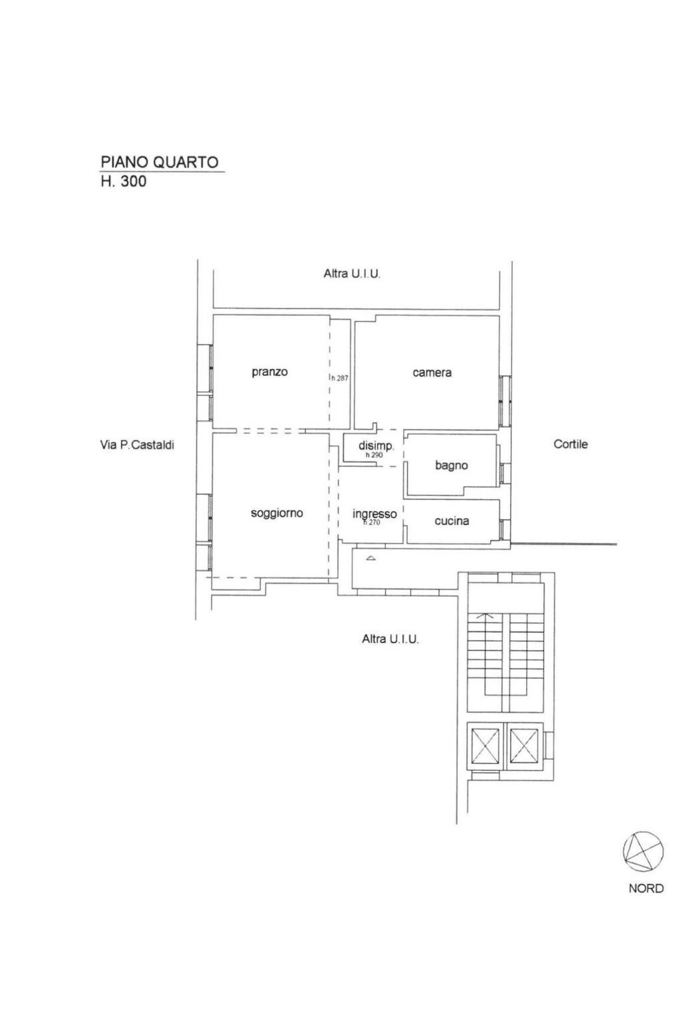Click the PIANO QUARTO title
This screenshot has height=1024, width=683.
[160, 162]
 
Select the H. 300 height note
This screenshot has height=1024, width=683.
[124, 181]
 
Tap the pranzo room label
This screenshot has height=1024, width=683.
[270, 372]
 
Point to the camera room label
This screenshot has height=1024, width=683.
[432, 372]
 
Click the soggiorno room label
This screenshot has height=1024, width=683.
[277, 514]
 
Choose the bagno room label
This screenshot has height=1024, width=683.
[451, 466]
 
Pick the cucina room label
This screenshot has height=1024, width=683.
[452, 521]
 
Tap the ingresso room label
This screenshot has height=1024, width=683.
[375, 514]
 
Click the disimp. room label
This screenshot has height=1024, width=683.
[376, 446]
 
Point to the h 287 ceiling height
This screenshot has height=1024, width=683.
[340, 378]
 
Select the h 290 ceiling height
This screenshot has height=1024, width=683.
[374, 456]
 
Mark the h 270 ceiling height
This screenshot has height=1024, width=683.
[371, 522]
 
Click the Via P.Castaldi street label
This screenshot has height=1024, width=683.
[138, 445]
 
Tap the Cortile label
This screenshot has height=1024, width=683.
[570, 444]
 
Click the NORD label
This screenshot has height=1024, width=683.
[646, 888]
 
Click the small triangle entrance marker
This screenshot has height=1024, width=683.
[371, 558]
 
